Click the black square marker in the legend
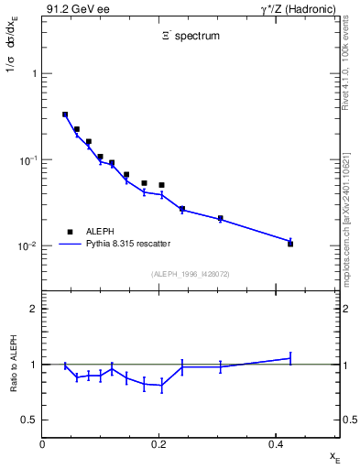point(69,232)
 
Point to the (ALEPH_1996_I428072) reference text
point(191,274)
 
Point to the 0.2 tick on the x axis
point(159,443)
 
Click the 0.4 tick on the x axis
point(276,443)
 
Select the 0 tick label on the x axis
point(42,443)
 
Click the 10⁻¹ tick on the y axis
point(27,159)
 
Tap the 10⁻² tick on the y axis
point(27,246)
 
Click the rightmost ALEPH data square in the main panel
point(290,244)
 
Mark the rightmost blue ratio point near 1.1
point(290,358)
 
